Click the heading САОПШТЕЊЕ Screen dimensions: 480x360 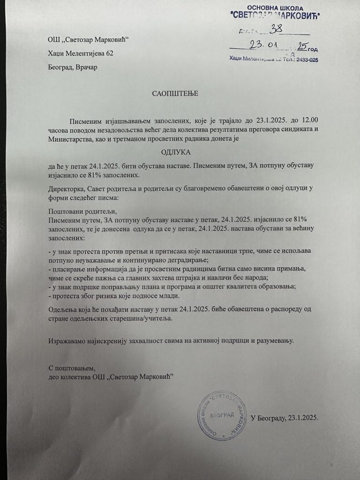click(175, 94)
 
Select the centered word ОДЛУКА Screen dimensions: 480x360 click(174, 152)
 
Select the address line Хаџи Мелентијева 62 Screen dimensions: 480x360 click(81, 53)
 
